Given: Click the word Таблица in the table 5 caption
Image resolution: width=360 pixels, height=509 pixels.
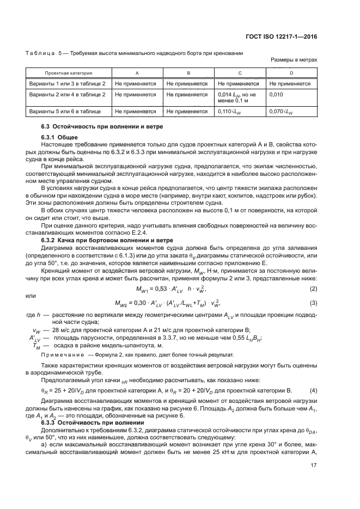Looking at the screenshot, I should click(x=40, y=53).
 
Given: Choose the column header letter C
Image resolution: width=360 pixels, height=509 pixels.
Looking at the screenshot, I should click(x=240, y=72).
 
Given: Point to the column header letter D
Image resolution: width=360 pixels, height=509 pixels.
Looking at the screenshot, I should click(x=291, y=72).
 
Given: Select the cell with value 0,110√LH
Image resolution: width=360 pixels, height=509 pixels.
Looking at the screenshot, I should click(x=230, y=112).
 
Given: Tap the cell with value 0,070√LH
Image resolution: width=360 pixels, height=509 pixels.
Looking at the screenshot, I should click(x=282, y=112).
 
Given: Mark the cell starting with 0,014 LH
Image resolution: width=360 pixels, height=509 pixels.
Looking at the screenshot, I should click(x=237, y=97).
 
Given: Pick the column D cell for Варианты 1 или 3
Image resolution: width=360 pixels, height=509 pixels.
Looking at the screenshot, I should click(x=290, y=84).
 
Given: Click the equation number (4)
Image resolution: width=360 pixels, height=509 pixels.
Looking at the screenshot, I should click(x=313, y=390).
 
